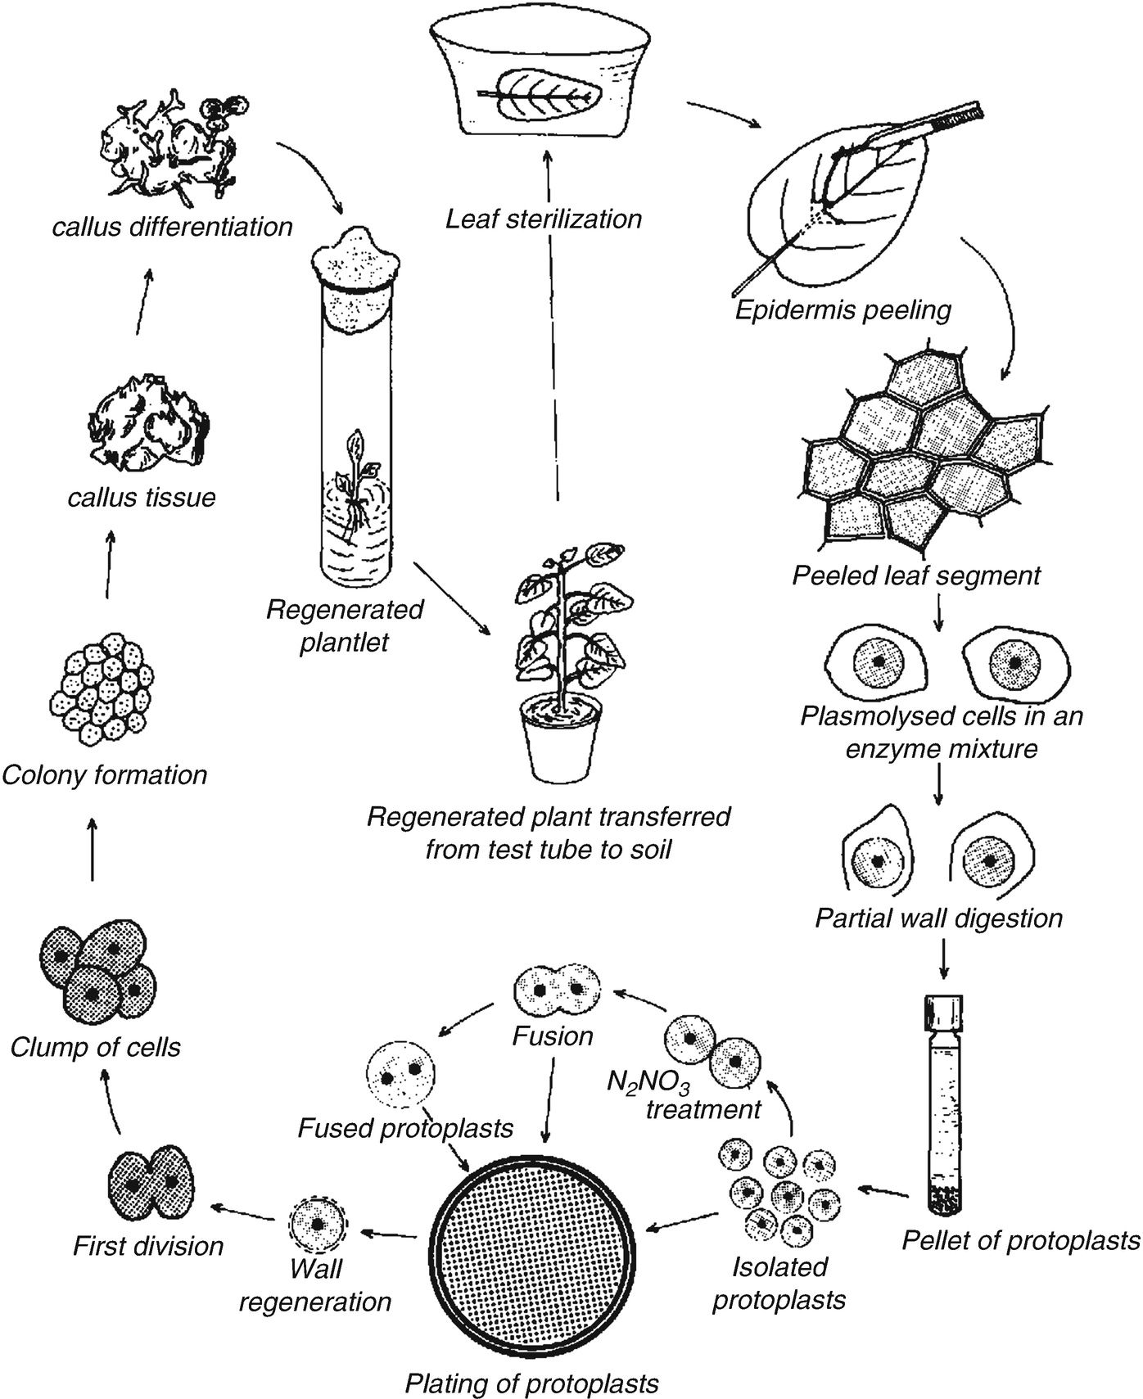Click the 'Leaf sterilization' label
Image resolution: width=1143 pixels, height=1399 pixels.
pyautogui.click(x=544, y=219)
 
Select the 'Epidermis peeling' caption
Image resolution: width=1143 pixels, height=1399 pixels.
pyautogui.click(x=843, y=310)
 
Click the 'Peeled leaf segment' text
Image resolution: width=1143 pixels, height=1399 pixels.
pyautogui.click(x=915, y=575)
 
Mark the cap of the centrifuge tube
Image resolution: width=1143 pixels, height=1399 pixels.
pyautogui.click(x=944, y=1014)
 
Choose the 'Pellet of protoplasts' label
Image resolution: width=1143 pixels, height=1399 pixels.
pyautogui.click(x=1020, y=1240)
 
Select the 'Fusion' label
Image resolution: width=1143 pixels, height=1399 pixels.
pyautogui.click(x=553, y=1036)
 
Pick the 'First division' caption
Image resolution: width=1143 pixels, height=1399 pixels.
pyautogui.click(x=148, y=1246)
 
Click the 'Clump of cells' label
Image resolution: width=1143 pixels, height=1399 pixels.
pyautogui.click(x=96, y=1047)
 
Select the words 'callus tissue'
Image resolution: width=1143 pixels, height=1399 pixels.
pyautogui.click(x=142, y=497)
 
